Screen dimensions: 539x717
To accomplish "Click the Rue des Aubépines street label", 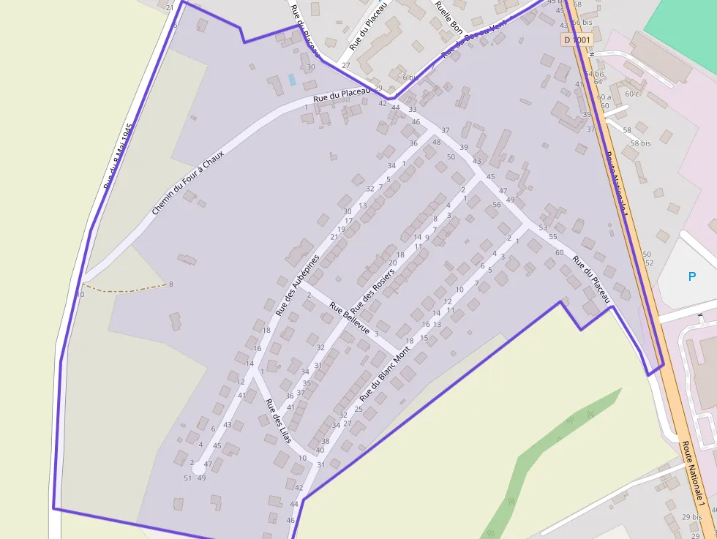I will coord(298,285).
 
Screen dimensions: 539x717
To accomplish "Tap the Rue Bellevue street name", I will coord(349,318).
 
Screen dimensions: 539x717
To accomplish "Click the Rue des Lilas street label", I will coord(278,421).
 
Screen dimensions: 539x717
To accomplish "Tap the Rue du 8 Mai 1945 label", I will coord(117,156).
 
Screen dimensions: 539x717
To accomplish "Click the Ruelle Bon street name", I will coord(448,17).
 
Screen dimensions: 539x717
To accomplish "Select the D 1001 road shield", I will coord(577,39).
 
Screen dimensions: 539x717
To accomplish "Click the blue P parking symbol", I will coord(691,276).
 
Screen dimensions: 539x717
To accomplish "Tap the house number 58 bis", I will coord(640,143).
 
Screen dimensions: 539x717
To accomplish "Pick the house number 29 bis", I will coord(691,517).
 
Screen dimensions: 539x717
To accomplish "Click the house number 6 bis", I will coord(409,77).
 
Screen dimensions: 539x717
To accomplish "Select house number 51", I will coord(187,478).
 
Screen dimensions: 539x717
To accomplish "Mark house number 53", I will coord(542,227).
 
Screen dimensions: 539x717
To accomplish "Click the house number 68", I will coord(577,5).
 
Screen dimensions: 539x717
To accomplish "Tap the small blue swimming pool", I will coord(293,79).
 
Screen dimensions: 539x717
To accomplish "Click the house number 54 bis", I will coord(595,73).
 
